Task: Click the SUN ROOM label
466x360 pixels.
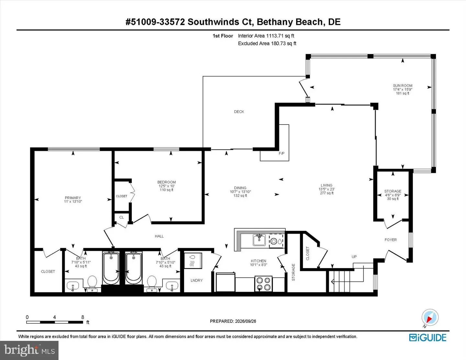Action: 403,85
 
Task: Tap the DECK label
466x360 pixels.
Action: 239,112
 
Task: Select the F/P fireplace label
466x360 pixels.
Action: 282,153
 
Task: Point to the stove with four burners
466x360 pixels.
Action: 263,284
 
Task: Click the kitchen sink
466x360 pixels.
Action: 259,240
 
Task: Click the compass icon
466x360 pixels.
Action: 430,318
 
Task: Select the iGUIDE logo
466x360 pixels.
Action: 427,338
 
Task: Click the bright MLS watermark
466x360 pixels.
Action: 29,350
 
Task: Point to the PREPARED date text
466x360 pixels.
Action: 233,321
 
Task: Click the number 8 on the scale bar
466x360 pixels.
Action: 83,317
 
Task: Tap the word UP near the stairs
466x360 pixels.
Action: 354,257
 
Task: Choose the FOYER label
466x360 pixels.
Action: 391,240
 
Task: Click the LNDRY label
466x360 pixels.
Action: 196,280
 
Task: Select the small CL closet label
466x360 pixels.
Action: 122,217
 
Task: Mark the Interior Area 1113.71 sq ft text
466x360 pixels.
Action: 266,36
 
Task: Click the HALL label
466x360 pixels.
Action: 159,236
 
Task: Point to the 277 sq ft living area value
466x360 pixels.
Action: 327,193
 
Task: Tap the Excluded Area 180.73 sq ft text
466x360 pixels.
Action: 267,43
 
